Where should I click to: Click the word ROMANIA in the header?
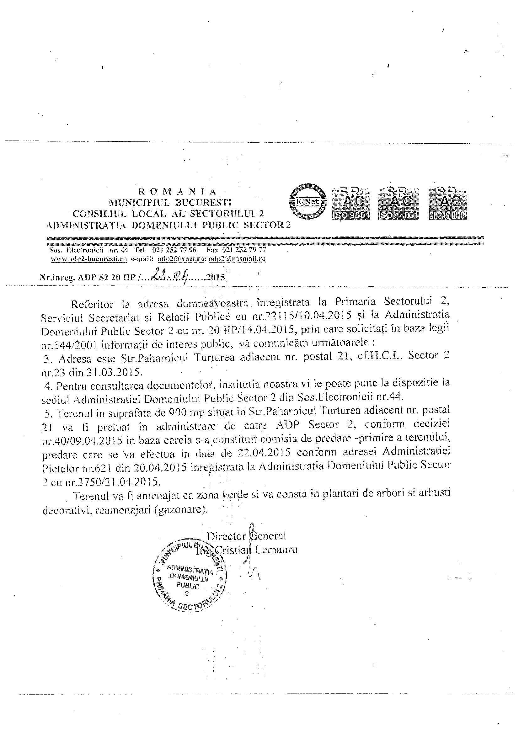click(178, 191)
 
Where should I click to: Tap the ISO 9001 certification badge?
click(351, 204)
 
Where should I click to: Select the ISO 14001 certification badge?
click(398, 204)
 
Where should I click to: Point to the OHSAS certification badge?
click(447, 204)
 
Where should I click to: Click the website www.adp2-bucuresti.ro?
click(88, 259)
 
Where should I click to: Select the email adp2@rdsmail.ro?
click(237, 259)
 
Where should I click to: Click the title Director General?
click(246, 536)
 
